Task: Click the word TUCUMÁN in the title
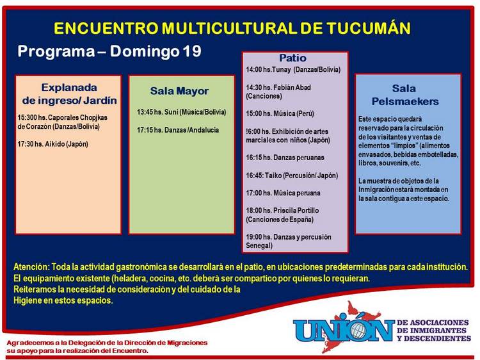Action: (368, 28)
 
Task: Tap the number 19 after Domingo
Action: (192, 51)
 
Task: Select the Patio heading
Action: (292, 58)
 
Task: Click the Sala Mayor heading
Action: (179, 91)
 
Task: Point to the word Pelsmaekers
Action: (405, 101)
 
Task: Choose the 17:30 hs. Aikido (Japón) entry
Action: (52, 144)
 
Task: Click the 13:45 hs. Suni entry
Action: (182, 112)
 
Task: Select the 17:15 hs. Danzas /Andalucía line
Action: (178, 130)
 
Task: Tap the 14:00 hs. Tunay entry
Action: (293, 70)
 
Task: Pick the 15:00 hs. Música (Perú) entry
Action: (280, 113)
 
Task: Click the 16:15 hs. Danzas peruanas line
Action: (285, 158)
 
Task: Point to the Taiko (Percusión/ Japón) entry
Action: (301, 176)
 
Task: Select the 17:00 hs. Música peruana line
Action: (283, 193)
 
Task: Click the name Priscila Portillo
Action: (296, 211)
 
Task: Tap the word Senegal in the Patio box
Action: (259, 245)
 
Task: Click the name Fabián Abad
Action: (292, 87)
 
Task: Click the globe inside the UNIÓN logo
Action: (358, 331)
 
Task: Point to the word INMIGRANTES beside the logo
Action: (431, 331)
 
